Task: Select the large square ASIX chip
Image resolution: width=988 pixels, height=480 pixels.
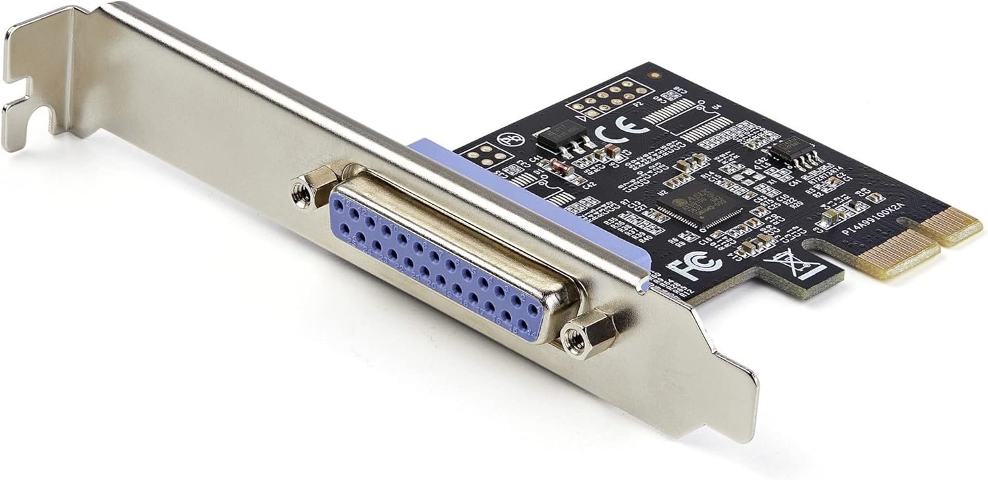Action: click(700, 202)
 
